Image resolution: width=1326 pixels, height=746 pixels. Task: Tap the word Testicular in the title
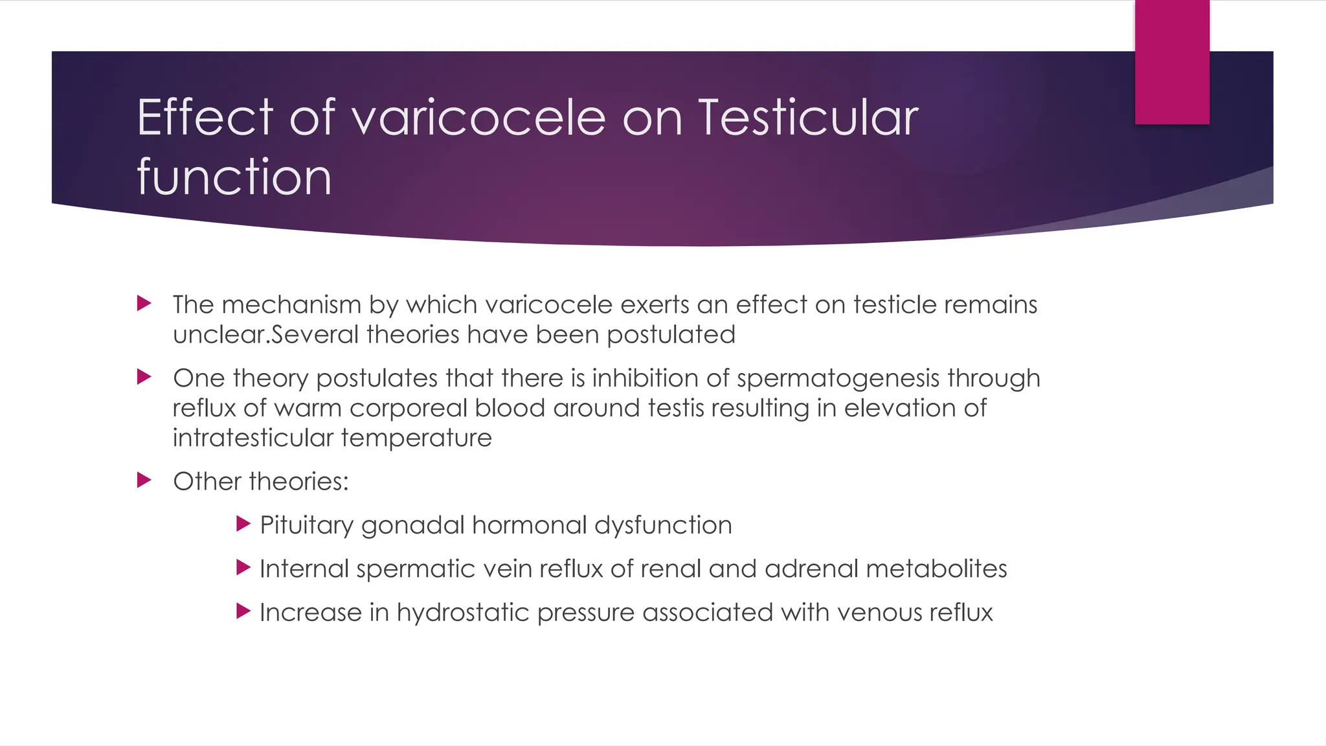[x=807, y=118]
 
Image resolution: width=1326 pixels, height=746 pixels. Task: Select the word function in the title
[x=234, y=177]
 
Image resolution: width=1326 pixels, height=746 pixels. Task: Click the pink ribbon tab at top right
[x=1172, y=62]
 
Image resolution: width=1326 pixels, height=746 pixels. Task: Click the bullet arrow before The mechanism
[x=144, y=303]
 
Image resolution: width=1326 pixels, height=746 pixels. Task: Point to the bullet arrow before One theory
[x=144, y=377]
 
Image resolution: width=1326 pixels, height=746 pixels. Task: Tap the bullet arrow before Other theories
[x=144, y=480]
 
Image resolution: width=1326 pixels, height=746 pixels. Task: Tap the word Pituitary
[x=306, y=525]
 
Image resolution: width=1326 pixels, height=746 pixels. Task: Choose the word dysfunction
[x=663, y=525]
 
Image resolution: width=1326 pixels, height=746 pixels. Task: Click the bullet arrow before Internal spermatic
[x=243, y=568]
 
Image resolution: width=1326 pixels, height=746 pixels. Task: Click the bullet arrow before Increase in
[x=243, y=611]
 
